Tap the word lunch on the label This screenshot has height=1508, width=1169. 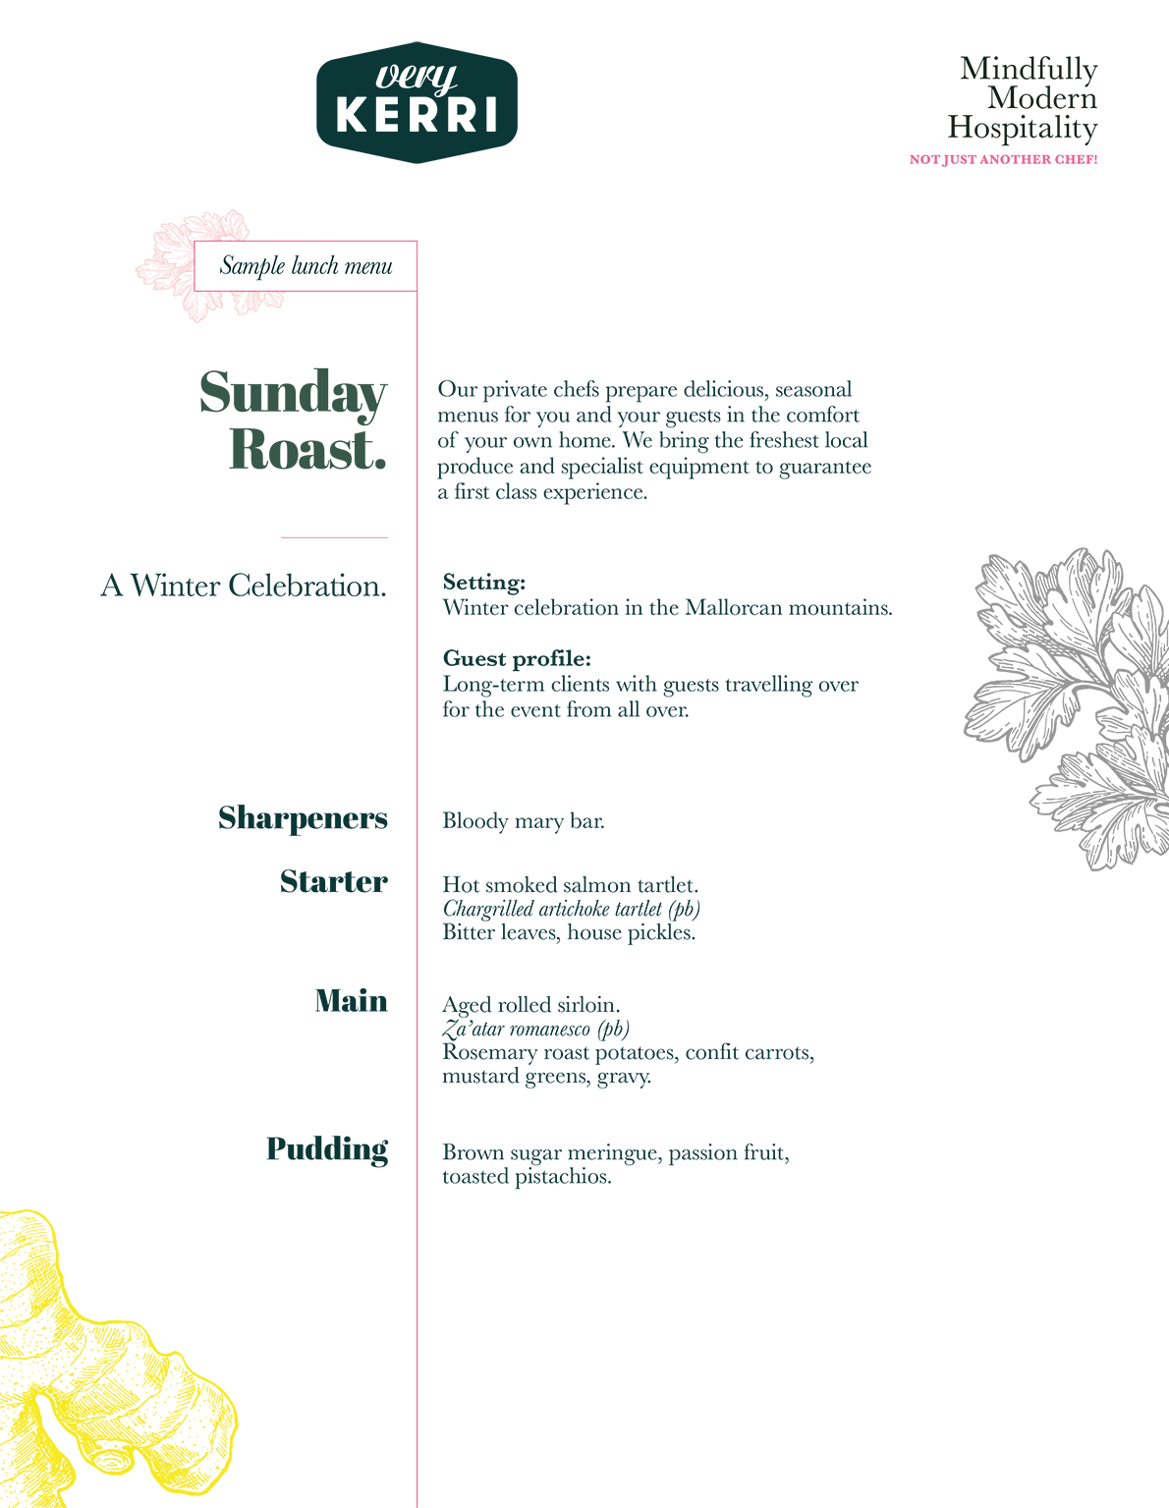(x=315, y=265)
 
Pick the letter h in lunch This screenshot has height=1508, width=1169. (x=333, y=265)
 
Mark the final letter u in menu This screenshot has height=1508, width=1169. (x=387, y=267)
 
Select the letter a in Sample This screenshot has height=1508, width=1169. (x=239, y=267)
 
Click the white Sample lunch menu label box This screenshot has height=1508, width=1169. (x=306, y=265)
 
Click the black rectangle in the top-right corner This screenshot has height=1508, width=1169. (x=997, y=79)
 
